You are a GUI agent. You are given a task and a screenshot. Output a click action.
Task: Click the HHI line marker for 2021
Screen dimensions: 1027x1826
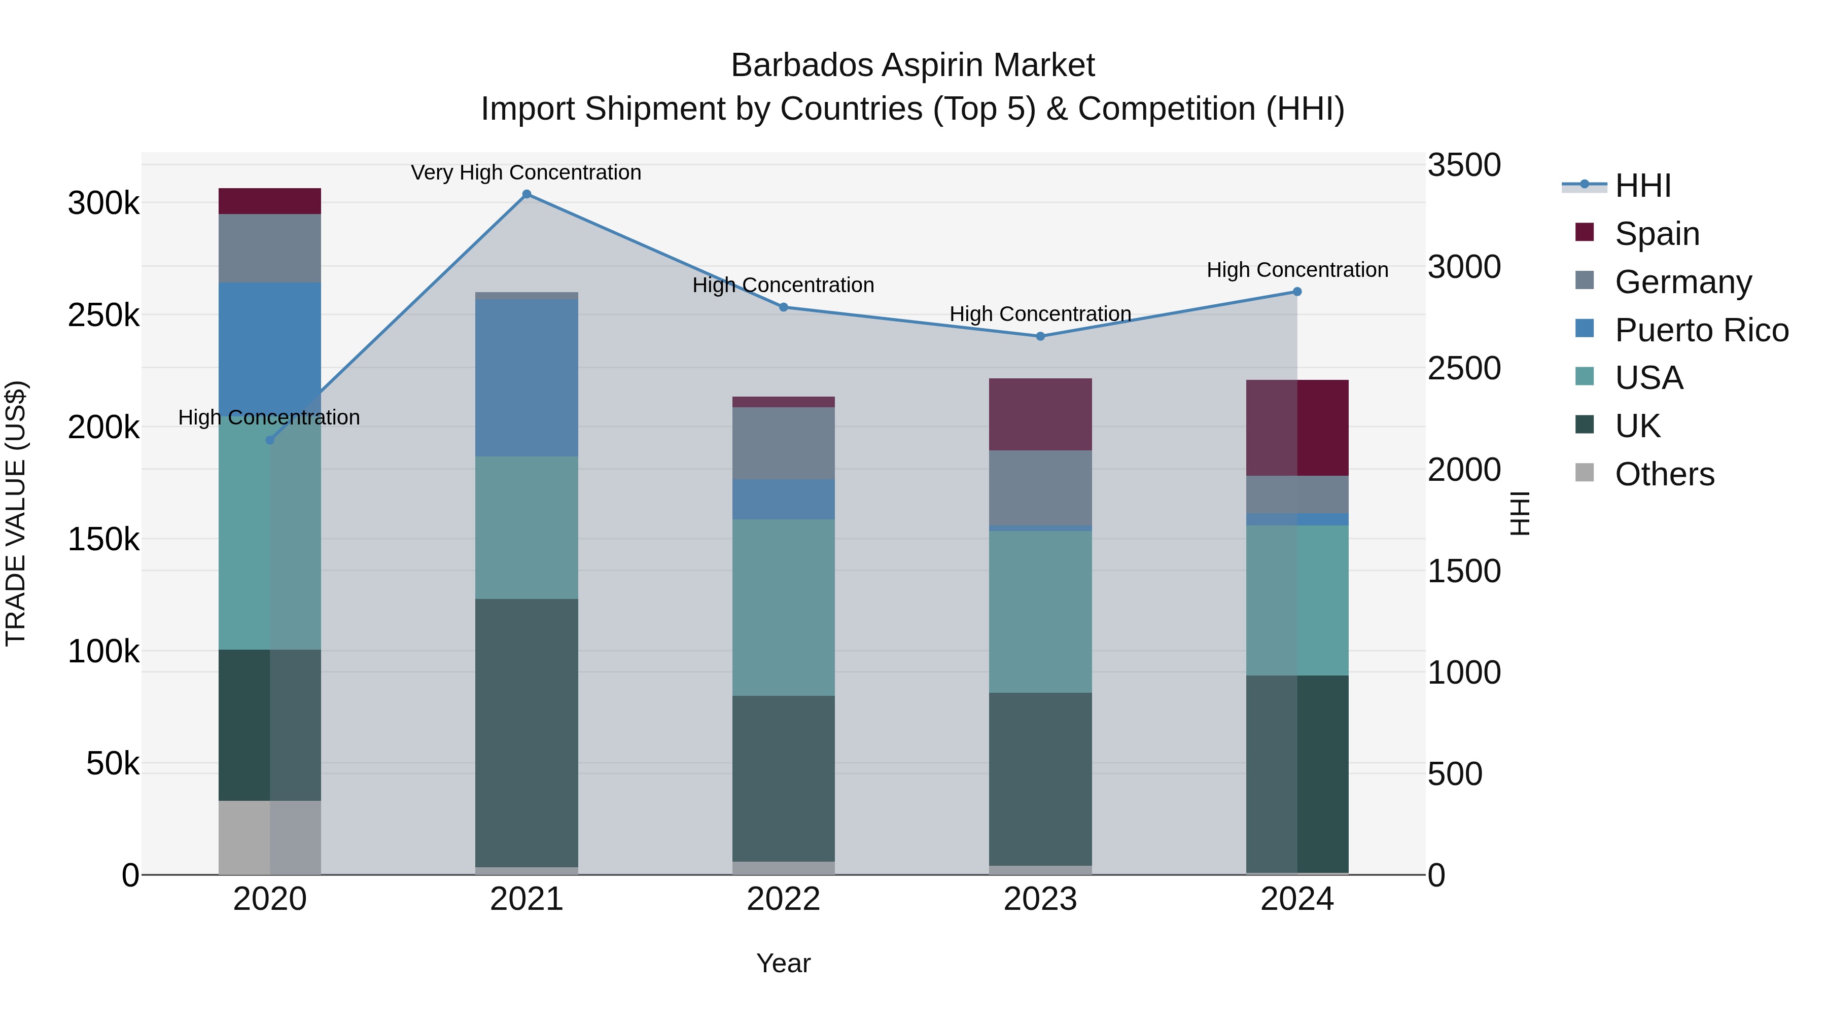(x=526, y=194)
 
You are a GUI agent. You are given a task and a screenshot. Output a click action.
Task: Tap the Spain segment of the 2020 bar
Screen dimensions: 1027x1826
(x=269, y=201)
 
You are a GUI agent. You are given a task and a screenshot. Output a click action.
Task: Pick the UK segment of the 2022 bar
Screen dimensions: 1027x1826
(x=783, y=778)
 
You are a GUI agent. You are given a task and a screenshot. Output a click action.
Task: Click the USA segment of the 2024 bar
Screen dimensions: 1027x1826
(x=1297, y=600)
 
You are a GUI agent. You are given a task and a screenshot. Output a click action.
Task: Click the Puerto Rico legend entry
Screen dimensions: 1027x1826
(x=1701, y=330)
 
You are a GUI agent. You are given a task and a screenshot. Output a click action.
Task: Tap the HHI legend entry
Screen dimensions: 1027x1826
(x=1642, y=186)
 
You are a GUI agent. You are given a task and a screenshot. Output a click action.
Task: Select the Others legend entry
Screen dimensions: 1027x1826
(x=1664, y=474)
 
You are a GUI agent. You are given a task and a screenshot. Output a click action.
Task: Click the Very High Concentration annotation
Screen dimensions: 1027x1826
(x=526, y=173)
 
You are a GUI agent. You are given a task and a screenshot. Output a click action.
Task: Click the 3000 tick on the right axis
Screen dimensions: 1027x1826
(x=1464, y=267)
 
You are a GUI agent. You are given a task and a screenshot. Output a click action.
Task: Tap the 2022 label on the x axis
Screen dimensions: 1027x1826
(x=783, y=899)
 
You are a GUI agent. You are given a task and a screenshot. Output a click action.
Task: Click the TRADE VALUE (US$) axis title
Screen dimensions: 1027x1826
(x=16, y=513)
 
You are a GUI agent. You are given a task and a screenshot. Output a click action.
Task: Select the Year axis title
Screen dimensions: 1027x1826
(x=783, y=963)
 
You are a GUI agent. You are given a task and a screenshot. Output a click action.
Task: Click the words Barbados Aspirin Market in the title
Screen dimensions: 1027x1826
(x=912, y=65)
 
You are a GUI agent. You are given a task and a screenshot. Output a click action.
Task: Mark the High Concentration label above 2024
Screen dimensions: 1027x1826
(x=1297, y=270)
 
